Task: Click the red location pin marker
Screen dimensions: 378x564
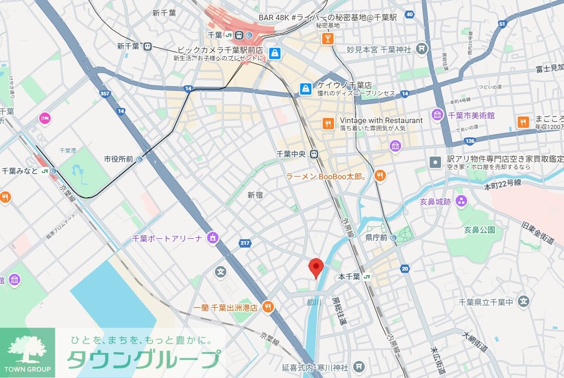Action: [316, 267]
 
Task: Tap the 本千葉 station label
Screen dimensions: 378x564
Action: [349, 277]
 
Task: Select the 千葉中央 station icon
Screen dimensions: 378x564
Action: [314, 154]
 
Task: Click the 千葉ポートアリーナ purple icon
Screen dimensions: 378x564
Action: [213, 238]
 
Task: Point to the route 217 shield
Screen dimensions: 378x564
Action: [245, 242]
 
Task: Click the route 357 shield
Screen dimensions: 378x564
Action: [104, 94]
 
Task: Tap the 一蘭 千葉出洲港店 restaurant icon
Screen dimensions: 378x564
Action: [267, 307]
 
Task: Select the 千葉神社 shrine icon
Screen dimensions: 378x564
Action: [421, 49]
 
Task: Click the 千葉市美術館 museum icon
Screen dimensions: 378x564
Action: [437, 115]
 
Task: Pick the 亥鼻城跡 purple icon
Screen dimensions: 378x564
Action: [461, 201]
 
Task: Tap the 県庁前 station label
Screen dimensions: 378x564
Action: [375, 238]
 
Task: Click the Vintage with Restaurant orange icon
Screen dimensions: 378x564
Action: [327, 123]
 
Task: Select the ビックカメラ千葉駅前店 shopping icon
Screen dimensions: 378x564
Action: [275, 53]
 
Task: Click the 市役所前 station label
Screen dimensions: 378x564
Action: [119, 159]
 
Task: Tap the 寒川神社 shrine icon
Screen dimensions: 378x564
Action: [359, 367]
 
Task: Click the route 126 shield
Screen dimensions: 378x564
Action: [469, 141]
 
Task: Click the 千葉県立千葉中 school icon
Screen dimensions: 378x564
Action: [523, 302]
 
